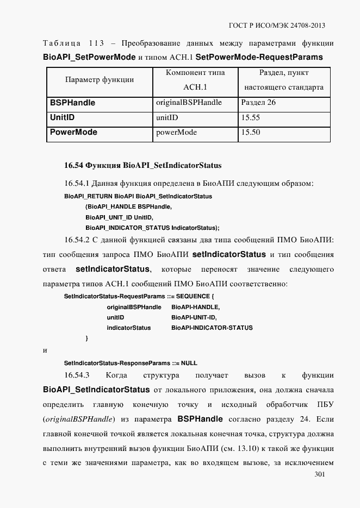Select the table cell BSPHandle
tap(72, 103)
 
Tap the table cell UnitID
tap(62, 117)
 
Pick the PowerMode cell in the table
tap(73, 132)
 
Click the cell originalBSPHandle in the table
tap(189, 103)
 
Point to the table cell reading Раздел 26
tap(258, 103)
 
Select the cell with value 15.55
tap(250, 117)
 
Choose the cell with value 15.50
tap(250, 132)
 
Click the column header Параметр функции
tap(100, 79)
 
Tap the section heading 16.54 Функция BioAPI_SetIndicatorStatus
tap(143, 165)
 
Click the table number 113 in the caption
tap(96, 43)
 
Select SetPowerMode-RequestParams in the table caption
tap(259, 57)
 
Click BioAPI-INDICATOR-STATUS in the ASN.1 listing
tap(212, 328)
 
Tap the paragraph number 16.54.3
tap(77, 375)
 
